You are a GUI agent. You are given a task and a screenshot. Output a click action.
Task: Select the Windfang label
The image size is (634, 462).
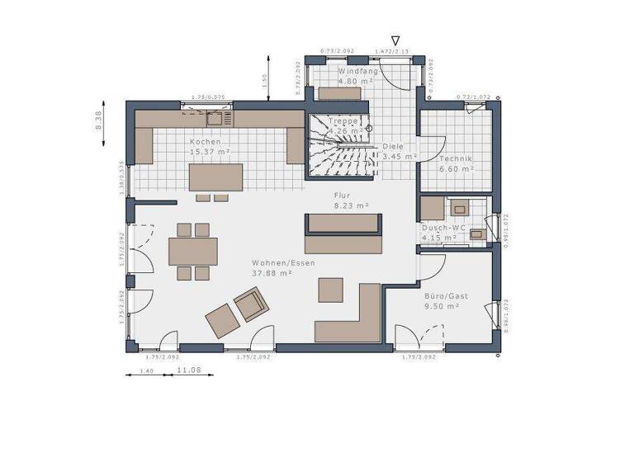(x=358, y=72)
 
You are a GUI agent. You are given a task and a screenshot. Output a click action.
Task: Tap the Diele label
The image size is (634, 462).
(x=394, y=147)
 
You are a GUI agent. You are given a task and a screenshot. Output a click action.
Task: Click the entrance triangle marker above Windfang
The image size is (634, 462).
(x=395, y=40)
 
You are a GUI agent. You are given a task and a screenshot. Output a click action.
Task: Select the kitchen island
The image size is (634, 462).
(x=217, y=177)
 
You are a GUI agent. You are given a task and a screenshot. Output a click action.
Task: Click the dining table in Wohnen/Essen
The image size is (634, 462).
(x=193, y=251)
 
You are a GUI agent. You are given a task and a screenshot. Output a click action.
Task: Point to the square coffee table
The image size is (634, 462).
(x=331, y=290)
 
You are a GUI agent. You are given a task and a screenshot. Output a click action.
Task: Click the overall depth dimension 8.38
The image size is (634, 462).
(x=98, y=121)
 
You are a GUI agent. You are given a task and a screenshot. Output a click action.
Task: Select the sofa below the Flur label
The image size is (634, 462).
(x=343, y=233)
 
